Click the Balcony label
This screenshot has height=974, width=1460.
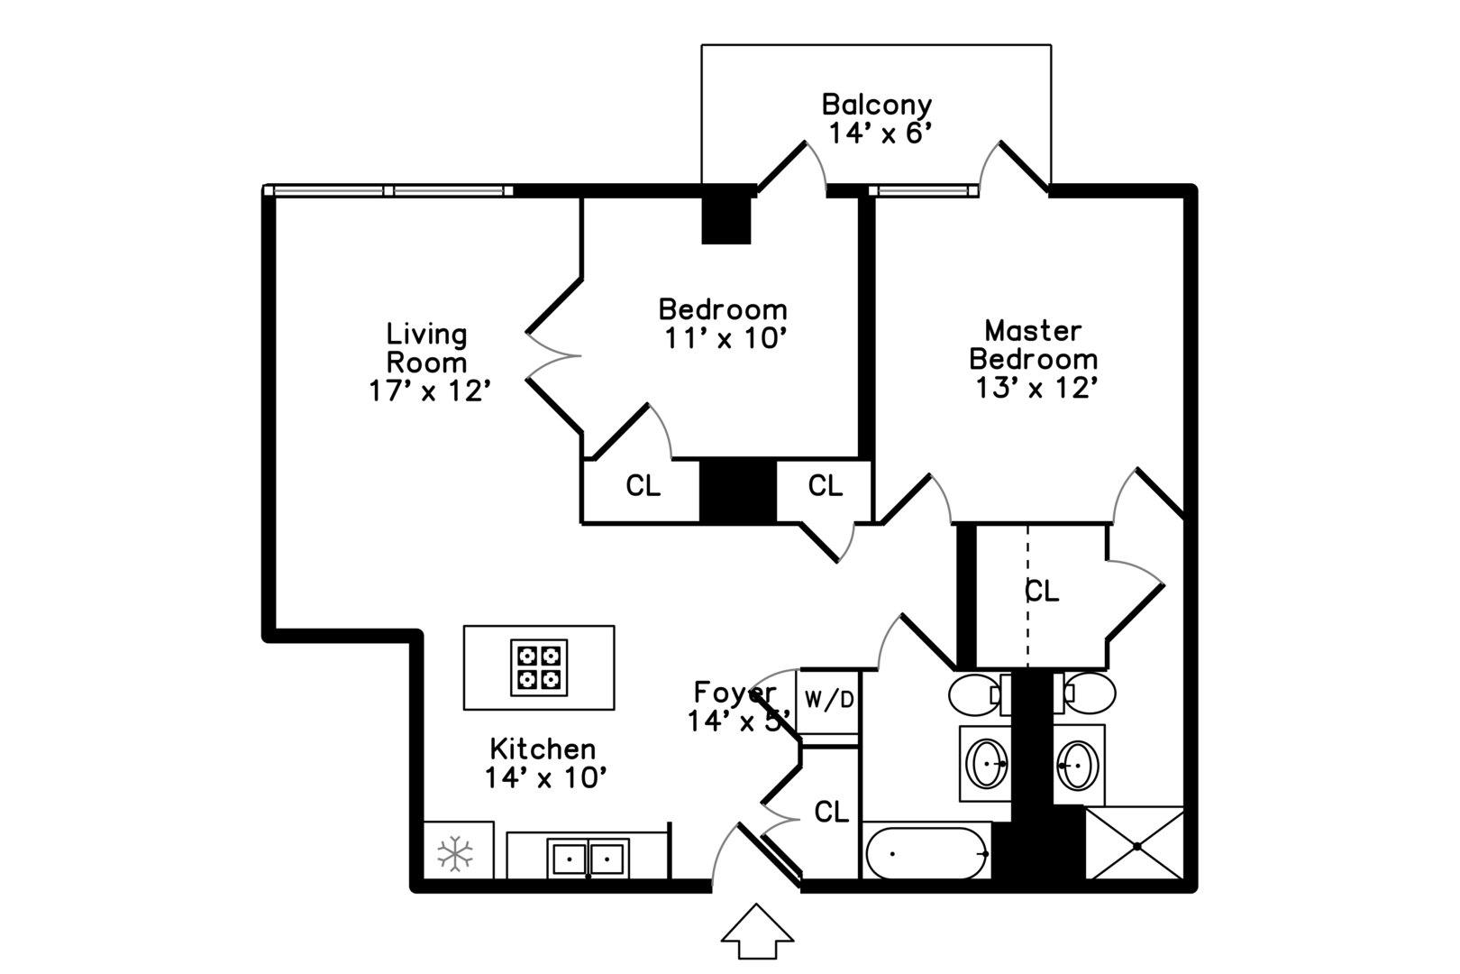tap(877, 105)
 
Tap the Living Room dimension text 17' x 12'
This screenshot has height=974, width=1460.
tap(430, 391)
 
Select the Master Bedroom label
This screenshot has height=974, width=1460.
tap(1033, 345)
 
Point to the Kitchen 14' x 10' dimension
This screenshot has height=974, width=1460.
tap(545, 777)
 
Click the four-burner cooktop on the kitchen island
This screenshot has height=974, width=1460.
tap(538, 667)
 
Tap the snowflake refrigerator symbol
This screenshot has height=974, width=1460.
tap(455, 852)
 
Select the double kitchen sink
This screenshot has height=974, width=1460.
tap(588, 859)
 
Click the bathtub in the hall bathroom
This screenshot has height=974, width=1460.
tap(926, 853)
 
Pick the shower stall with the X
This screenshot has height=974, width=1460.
tap(1135, 844)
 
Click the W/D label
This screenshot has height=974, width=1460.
tap(829, 699)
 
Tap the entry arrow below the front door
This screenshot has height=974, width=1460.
tap(757, 931)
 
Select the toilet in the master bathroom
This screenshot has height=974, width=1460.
tap(1084, 694)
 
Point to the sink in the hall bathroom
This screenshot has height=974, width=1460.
tap(986, 763)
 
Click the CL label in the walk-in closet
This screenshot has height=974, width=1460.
tap(1042, 591)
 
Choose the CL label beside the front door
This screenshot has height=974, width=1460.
tap(832, 812)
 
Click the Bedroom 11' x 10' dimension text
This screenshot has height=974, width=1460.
tap(725, 338)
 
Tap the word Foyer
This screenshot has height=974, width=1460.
tap(735, 693)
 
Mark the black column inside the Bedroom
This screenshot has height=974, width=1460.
tap(726, 219)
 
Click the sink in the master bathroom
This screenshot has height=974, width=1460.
tap(1078, 764)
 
